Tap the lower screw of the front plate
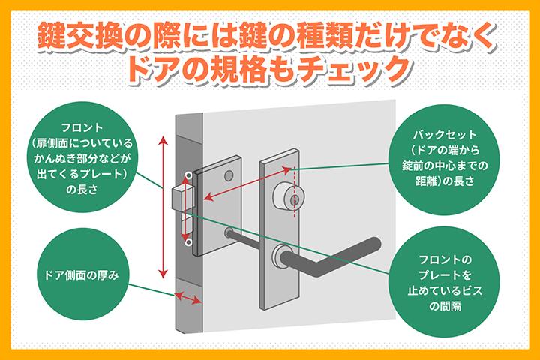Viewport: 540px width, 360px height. [187, 242]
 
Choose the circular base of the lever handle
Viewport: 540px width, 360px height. [282, 256]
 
